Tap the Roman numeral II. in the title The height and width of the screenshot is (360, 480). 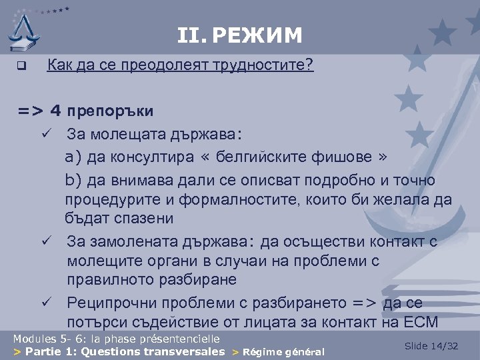(192, 34)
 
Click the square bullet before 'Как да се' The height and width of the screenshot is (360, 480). (21, 67)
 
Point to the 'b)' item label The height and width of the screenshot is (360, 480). (73, 180)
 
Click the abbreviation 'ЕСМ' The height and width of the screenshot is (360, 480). (420, 323)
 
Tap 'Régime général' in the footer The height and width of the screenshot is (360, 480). (283, 352)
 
